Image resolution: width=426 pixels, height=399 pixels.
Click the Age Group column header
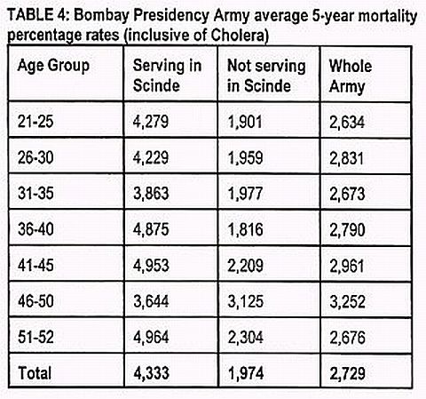coord(53,66)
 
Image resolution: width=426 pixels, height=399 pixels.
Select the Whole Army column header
coord(351,76)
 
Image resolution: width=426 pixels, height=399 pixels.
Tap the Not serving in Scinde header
coord(266,76)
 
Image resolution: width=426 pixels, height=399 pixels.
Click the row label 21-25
coord(35,121)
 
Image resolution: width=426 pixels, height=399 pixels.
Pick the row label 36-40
coord(35,229)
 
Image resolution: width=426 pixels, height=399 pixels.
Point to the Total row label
coord(35,372)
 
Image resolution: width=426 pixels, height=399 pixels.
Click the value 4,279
coord(151,122)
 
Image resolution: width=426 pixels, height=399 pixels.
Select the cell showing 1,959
coord(245,157)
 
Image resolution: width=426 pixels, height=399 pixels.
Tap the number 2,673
coord(347,194)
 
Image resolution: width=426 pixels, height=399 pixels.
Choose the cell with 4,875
coord(151,229)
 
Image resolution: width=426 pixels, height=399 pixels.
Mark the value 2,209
coord(245,266)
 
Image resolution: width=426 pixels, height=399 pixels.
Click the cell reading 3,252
coord(347,302)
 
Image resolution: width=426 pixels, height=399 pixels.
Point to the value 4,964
coord(151,337)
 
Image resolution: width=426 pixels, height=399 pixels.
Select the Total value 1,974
coord(246,373)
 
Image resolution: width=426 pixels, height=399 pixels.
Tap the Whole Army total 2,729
coord(348,373)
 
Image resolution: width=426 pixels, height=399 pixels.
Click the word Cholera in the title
coord(240,35)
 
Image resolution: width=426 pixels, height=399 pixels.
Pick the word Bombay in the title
coord(101,16)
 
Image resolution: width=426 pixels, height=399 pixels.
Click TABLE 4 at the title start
coord(38,15)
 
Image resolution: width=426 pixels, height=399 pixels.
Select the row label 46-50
coord(35,301)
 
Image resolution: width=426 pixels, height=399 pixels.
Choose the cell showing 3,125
coord(245,301)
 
